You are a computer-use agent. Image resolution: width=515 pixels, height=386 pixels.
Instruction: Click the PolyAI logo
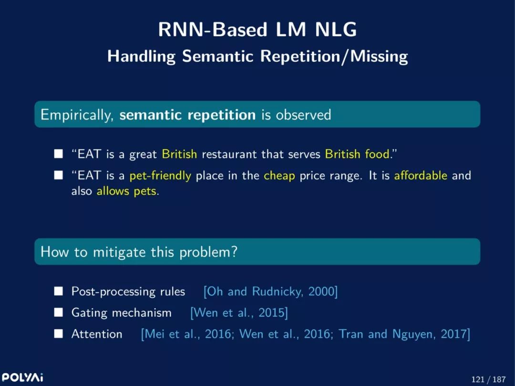point(22,377)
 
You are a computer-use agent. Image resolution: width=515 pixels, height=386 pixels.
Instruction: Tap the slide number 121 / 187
point(488,379)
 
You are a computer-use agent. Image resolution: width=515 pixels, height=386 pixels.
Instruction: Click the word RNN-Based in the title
point(213,30)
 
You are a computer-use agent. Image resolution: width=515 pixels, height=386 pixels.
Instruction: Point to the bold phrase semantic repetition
point(187,115)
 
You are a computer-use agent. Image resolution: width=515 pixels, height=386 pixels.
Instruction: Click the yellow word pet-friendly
point(160,176)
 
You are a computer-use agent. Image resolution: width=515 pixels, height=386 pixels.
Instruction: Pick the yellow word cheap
point(279,176)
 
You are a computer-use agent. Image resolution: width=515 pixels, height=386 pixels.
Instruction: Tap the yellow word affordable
point(421,175)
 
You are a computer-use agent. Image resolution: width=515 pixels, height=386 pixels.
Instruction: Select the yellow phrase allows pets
point(126,191)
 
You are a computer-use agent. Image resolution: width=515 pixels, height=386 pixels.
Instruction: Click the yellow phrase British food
point(357,154)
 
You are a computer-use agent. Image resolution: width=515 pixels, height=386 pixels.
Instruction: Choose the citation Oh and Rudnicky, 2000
point(271,292)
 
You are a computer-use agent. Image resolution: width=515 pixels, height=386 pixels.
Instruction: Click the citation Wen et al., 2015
point(239,313)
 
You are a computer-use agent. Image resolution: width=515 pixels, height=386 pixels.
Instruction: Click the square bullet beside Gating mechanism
point(59,313)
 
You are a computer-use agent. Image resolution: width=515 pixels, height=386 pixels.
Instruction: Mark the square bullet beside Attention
point(59,334)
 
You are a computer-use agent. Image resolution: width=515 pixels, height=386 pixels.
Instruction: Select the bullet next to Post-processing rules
point(59,291)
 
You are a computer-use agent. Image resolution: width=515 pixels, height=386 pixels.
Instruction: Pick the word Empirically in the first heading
point(77,115)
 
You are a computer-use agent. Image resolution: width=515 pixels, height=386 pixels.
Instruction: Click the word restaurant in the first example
point(229,154)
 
